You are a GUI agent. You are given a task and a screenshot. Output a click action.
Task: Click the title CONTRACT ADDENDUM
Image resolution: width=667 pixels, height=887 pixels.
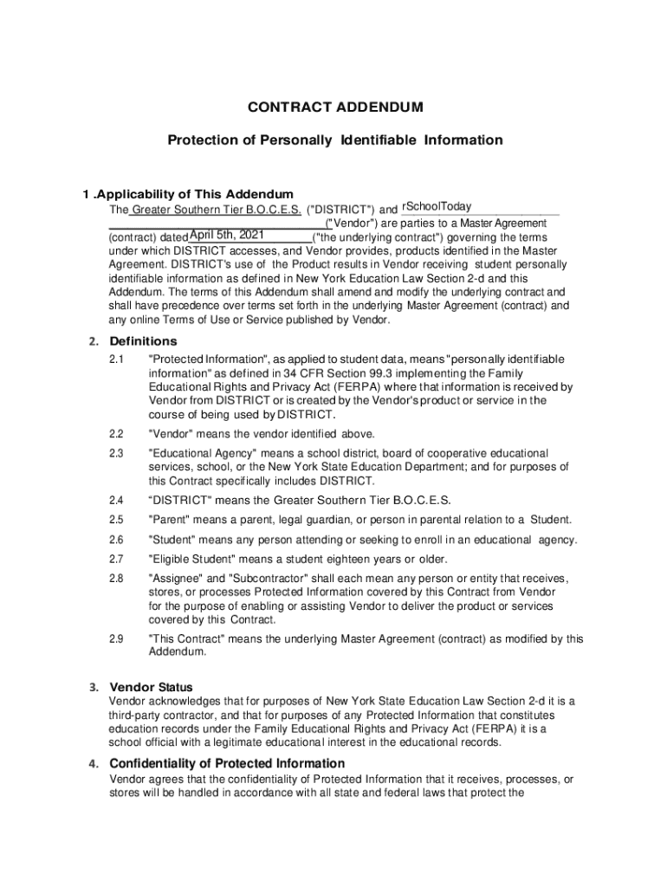[335, 107]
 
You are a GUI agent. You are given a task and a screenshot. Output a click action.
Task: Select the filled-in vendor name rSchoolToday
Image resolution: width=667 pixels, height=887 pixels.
[436, 206]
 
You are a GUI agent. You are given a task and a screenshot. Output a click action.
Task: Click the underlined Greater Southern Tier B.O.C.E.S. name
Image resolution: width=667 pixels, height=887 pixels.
[216, 210]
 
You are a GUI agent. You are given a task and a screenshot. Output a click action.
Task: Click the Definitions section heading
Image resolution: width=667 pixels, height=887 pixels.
[143, 340]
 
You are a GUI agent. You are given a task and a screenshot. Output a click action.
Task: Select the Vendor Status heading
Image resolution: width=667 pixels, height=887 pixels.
[151, 687]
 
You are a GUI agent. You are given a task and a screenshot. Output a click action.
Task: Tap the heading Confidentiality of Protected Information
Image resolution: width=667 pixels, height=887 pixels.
[227, 763]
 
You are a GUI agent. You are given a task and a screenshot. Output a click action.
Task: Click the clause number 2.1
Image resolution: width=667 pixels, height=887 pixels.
[117, 359]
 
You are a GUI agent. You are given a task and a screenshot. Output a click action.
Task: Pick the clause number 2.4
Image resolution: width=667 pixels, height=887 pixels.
[117, 500]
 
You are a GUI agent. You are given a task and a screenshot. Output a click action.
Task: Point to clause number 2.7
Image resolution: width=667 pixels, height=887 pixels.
[117, 559]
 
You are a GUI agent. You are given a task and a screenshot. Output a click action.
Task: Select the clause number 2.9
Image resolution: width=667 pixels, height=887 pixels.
[117, 638]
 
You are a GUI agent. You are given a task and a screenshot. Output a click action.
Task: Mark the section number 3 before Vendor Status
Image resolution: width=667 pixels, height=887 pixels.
[92, 688]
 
